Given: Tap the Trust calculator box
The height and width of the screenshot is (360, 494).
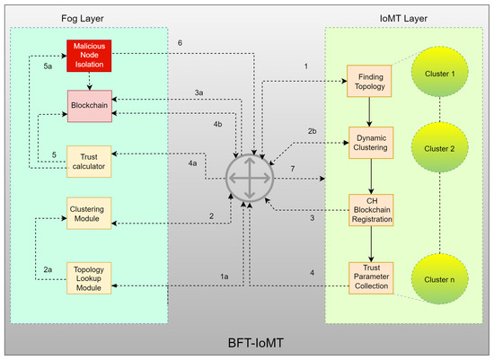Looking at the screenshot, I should [x=87, y=160].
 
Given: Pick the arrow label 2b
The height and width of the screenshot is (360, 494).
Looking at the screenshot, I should [x=311, y=131].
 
